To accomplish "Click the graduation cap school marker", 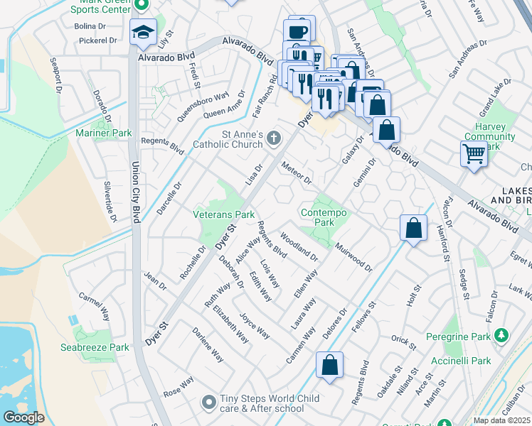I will pyautogui.click(x=143, y=32).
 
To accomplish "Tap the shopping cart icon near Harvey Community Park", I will pyautogui.click(x=474, y=153).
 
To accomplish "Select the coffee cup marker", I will pyautogui.click(x=297, y=32).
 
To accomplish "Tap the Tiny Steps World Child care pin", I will pyautogui.click(x=208, y=403).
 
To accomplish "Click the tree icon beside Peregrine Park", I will pyautogui.click(x=502, y=335).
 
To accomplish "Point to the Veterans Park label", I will pyautogui.click(x=224, y=214).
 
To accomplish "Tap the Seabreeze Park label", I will pyautogui.click(x=104, y=347).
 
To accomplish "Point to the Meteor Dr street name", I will pyautogui.click(x=297, y=173).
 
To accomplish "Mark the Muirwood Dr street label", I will pyautogui.click(x=353, y=257).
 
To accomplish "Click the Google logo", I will pyautogui.click(x=23, y=417).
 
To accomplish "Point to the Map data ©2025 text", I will pyautogui.click(x=502, y=420).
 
